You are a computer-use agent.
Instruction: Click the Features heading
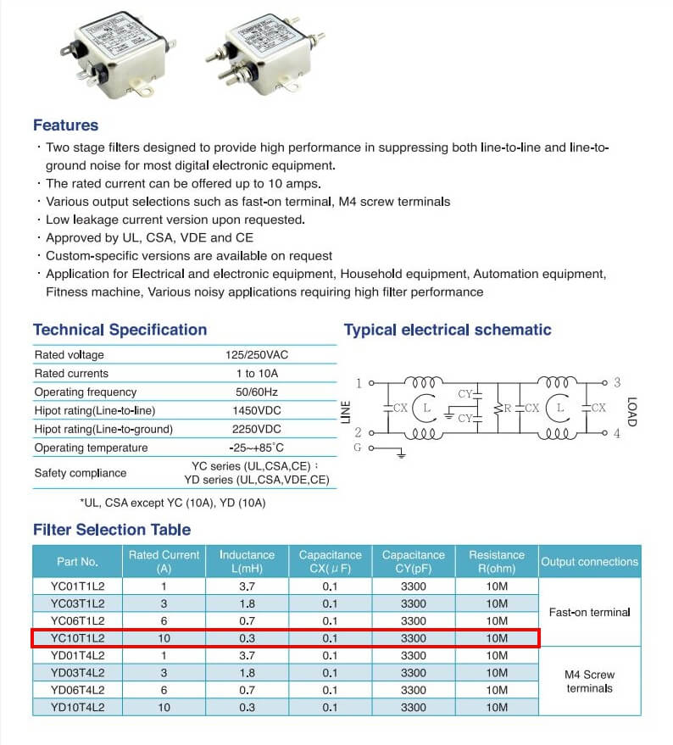point(65,125)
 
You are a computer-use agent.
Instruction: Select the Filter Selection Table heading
point(112,530)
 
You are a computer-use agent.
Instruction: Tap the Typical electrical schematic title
point(448,330)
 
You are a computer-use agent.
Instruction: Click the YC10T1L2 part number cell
point(77,637)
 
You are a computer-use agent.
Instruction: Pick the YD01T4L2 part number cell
point(77,655)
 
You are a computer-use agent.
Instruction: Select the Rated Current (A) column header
point(164,561)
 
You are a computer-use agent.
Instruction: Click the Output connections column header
point(589,561)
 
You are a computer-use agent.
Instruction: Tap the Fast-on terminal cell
point(589,612)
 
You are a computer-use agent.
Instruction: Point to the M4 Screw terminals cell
point(589,681)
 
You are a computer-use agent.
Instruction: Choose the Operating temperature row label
point(87,448)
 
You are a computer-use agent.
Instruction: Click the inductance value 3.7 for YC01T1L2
point(247,587)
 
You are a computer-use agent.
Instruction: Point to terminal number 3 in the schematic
point(617,383)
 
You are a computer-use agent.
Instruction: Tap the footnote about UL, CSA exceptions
point(172,503)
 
